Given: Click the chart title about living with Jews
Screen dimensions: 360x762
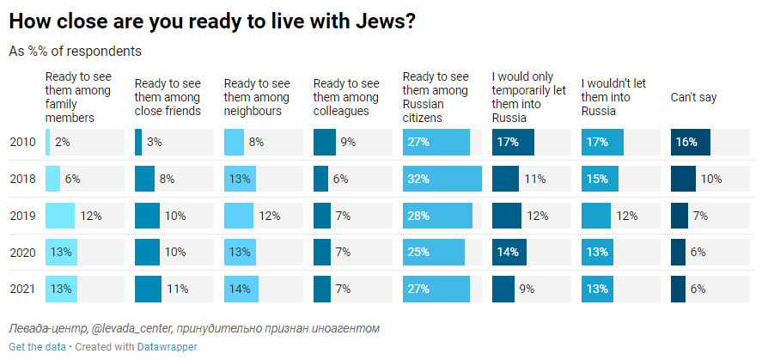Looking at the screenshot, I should (x=212, y=22).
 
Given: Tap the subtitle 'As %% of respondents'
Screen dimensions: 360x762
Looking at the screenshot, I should (x=75, y=52).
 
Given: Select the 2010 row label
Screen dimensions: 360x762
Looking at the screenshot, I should (x=21, y=142).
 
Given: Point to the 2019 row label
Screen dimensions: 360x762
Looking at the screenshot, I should (x=21, y=216).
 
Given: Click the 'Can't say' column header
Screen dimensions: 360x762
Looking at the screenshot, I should (x=693, y=97).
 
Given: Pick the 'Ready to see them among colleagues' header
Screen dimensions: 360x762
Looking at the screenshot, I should (x=346, y=97).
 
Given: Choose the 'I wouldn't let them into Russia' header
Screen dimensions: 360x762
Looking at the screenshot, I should (x=613, y=97).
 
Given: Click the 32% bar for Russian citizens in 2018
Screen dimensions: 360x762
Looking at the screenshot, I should (x=442, y=179).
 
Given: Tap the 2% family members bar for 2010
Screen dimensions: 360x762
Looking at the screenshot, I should (x=47, y=142).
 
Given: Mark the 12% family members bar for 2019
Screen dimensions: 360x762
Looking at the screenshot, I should (x=60, y=216).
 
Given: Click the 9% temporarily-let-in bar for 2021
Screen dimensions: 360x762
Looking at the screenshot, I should (x=503, y=290).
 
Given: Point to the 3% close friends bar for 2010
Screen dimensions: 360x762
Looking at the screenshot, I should (x=138, y=142).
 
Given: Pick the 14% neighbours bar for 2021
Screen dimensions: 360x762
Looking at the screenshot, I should (x=240, y=290).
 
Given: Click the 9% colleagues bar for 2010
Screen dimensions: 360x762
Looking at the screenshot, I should (x=324, y=142).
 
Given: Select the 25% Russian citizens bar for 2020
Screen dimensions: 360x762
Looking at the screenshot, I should (x=434, y=253).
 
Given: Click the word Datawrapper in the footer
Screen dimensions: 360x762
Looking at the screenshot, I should (x=167, y=347).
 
